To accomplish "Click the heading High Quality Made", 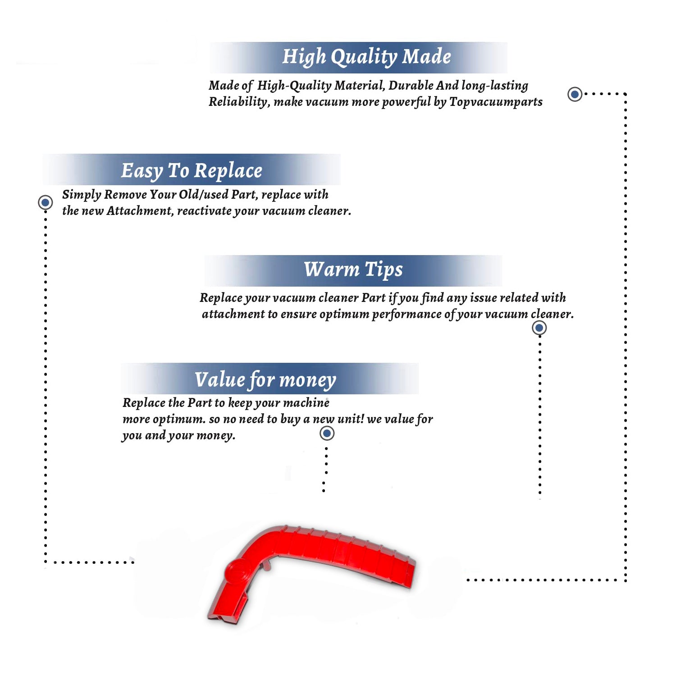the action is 366,57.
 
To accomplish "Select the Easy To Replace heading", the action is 192,171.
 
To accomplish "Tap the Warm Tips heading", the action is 353,270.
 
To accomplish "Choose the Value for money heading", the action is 265,380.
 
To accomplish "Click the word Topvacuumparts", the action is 496,102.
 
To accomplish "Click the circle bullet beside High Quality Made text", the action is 575,94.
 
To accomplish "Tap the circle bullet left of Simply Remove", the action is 45,202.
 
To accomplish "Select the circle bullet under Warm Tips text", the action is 539,328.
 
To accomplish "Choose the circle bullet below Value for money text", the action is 327,434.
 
